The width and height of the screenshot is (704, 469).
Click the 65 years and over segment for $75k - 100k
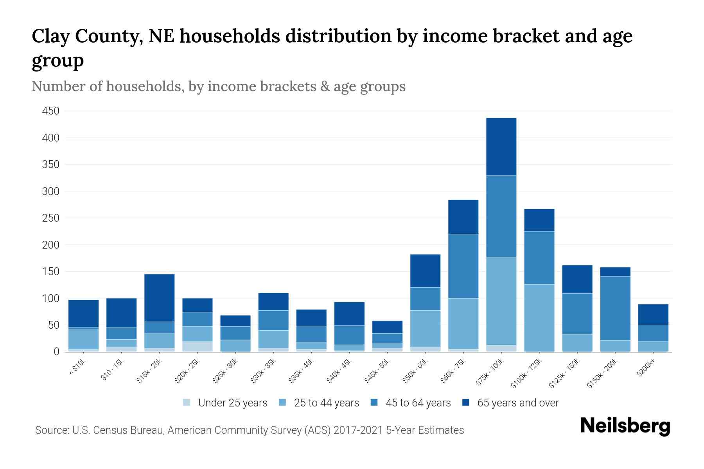click(501, 147)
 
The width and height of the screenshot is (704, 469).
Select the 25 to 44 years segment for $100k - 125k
click(539, 318)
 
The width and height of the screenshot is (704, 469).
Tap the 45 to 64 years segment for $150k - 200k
click(615, 308)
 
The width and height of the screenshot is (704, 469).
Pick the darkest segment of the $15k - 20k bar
click(159, 298)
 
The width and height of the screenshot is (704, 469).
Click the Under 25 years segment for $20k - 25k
click(197, 346)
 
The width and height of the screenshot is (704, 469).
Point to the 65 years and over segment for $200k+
click(653, 314)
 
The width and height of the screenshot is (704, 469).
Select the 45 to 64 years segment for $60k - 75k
click(463, 266)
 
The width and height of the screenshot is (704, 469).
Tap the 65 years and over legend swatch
click(466, 403)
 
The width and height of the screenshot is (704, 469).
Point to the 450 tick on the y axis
click(50, 111)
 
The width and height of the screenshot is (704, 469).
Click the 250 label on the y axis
click(50, 218)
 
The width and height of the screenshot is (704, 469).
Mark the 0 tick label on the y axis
click(56, 352)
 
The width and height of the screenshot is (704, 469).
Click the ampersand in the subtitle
click(324, 86)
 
